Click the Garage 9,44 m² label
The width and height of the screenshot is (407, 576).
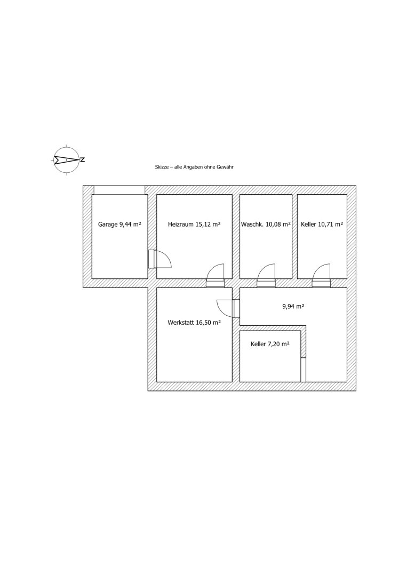[x=119, y=225]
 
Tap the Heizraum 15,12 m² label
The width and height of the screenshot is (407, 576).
[x=194, y=225]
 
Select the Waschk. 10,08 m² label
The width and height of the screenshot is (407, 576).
[x=266, y=225]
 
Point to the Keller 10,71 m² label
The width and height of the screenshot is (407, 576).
[x=322, y=225]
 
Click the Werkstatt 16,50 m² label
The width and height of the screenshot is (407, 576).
[x=194, y=322]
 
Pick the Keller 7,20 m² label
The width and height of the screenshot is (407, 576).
[x=270, y=345]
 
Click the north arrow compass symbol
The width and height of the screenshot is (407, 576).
[x=66, y=159]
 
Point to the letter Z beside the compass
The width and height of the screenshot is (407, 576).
[x=83, y=159]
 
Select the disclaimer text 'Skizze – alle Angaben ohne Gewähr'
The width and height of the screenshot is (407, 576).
[x=194, y=167]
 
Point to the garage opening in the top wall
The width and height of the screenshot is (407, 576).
[x=119, y=190]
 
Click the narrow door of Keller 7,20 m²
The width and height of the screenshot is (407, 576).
[x=304, y=369]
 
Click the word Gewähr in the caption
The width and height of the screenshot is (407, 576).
[x=227, y=167]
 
